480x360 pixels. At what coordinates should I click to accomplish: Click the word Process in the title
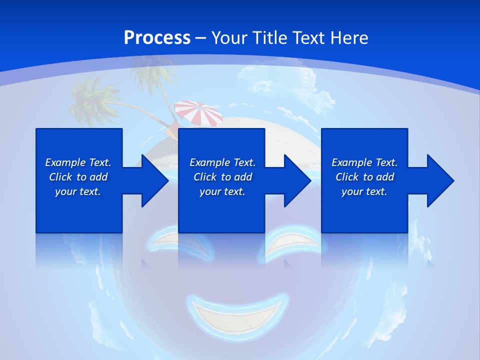(x=157, y=38)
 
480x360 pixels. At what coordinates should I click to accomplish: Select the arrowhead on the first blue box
(x=152, y=180)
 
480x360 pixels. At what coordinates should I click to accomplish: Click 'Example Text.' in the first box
(x=78, y=162)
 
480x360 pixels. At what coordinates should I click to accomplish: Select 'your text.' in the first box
(x=78, y=191)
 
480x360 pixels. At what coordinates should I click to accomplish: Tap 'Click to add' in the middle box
(x=222, y=177)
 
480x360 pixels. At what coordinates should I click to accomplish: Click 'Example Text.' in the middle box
(x=222, y=162)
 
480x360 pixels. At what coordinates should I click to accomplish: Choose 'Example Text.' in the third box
(x=364, y=162)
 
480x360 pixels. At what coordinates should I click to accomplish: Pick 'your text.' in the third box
(x=364, y=191)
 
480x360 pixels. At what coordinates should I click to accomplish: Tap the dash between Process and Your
(x=200, y=38)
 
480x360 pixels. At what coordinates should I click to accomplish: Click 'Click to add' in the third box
(x=364, y=177)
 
